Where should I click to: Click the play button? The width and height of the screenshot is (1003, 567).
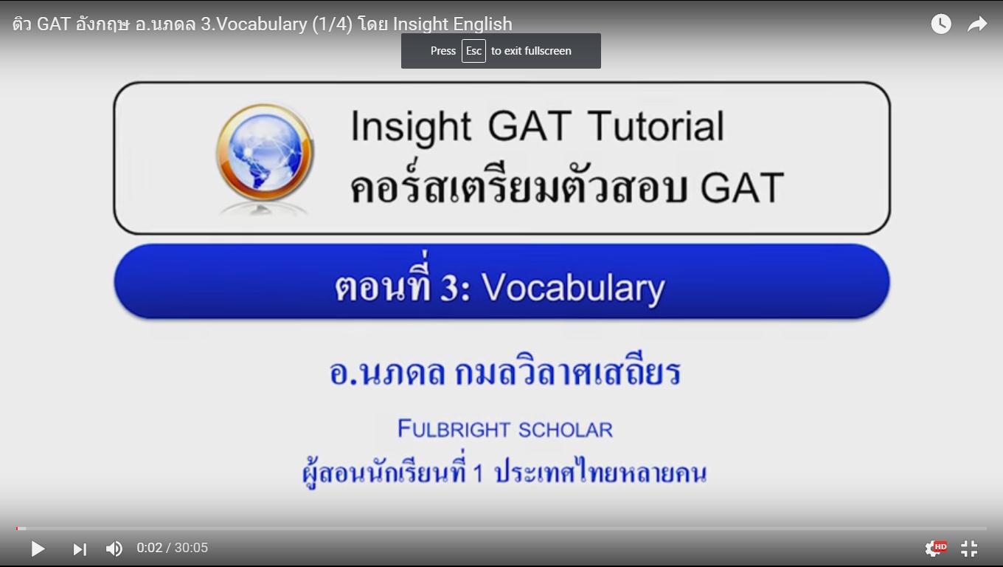(x=38, y=549)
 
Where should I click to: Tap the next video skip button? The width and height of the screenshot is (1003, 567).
(x=80, y=549)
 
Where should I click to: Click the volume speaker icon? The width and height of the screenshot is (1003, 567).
(x=114, y=549)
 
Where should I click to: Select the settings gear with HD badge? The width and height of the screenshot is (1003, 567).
(x=936, y=549)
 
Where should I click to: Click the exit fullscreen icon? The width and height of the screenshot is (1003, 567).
(x=969, y=549)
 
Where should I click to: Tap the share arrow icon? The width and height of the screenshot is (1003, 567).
(x=977, y=24)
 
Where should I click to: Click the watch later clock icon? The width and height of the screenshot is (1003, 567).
(x=941, y=24)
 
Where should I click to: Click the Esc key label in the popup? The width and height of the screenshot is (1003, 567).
(x=473, y=51)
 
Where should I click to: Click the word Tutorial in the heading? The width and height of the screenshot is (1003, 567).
(x=656, y=126)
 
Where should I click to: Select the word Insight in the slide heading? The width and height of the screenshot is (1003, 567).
(x=411, y=127)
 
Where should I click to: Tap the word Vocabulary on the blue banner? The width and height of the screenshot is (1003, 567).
(x=573, y=288)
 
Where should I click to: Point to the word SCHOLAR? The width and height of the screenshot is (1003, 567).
(x=566, y=430)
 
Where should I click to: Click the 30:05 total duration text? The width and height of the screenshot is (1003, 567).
(x=191, y=548)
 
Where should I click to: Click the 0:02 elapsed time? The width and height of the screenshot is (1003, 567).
(x=149, y=548)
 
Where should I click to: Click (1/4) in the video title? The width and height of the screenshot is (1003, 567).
(x=332, y=24)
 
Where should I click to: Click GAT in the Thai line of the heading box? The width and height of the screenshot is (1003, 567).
(x=742, y=188)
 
